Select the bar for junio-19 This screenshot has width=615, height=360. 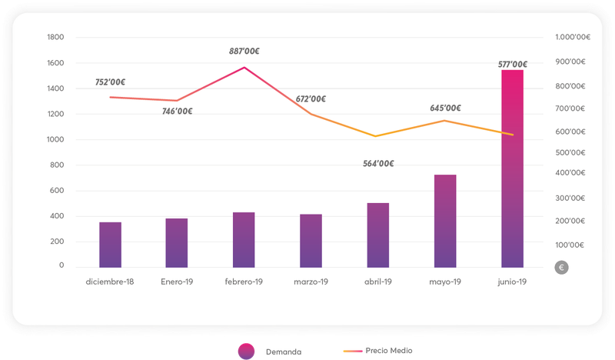coord(512,168)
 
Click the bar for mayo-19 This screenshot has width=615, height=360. coord(445,221)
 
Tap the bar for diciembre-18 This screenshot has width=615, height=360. coord(110,245)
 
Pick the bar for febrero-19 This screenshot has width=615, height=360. coord(244,239)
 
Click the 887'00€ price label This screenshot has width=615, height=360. coord(244,52)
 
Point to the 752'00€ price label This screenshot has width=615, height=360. coord(111,82)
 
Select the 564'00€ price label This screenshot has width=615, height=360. coord(378,163)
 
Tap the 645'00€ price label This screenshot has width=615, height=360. coord(446,108)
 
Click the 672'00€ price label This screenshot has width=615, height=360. coord(311,98)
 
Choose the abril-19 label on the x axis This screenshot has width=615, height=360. coord(378,282)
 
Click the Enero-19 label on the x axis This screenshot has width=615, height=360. coord(177,282)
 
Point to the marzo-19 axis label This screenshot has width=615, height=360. coord(311,282)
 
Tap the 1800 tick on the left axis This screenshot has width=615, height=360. coord(56,37)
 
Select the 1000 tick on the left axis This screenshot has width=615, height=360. coord(56,139)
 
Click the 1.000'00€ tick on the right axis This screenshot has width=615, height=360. coord(572,37)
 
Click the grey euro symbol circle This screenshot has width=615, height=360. coord(562,268)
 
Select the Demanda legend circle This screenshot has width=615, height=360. coord(246,351)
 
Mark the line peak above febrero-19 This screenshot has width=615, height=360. coord(244,68)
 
